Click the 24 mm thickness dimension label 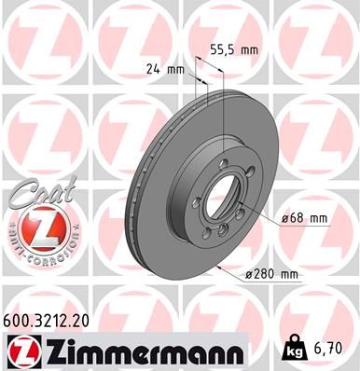(165, 68)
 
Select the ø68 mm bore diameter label (304, 218)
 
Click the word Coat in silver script (38, 194)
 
